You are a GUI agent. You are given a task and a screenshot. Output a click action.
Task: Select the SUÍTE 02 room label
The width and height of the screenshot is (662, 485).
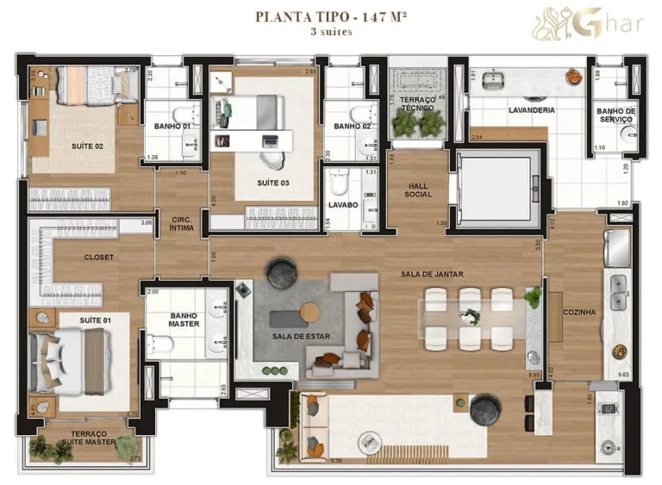(87, 146)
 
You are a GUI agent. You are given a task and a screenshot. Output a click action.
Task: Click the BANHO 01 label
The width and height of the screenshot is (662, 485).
(172, 127)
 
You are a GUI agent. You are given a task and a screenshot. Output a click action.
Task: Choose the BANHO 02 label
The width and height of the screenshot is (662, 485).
(352, 127)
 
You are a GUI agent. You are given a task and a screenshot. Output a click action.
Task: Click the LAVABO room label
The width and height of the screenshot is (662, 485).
(342, 205)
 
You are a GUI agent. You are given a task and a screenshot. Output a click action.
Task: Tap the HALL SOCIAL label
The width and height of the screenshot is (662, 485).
(418, 189)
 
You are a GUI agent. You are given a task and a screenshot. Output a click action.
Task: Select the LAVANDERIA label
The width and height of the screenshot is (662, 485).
(531, 110)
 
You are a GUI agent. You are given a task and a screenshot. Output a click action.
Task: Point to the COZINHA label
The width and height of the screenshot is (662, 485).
(578, 312)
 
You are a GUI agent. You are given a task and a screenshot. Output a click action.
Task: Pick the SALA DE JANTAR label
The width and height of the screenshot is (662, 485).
(432, 274)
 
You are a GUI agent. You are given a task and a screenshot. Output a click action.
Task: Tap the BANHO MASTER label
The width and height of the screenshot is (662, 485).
(184, 320)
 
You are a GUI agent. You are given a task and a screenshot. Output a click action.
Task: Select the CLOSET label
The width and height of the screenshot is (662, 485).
(98, 257)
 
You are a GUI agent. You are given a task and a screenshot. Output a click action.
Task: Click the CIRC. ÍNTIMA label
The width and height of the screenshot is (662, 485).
(182, 224)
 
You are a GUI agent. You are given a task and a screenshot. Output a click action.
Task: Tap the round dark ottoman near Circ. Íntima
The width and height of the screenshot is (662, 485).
(282, 274)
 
